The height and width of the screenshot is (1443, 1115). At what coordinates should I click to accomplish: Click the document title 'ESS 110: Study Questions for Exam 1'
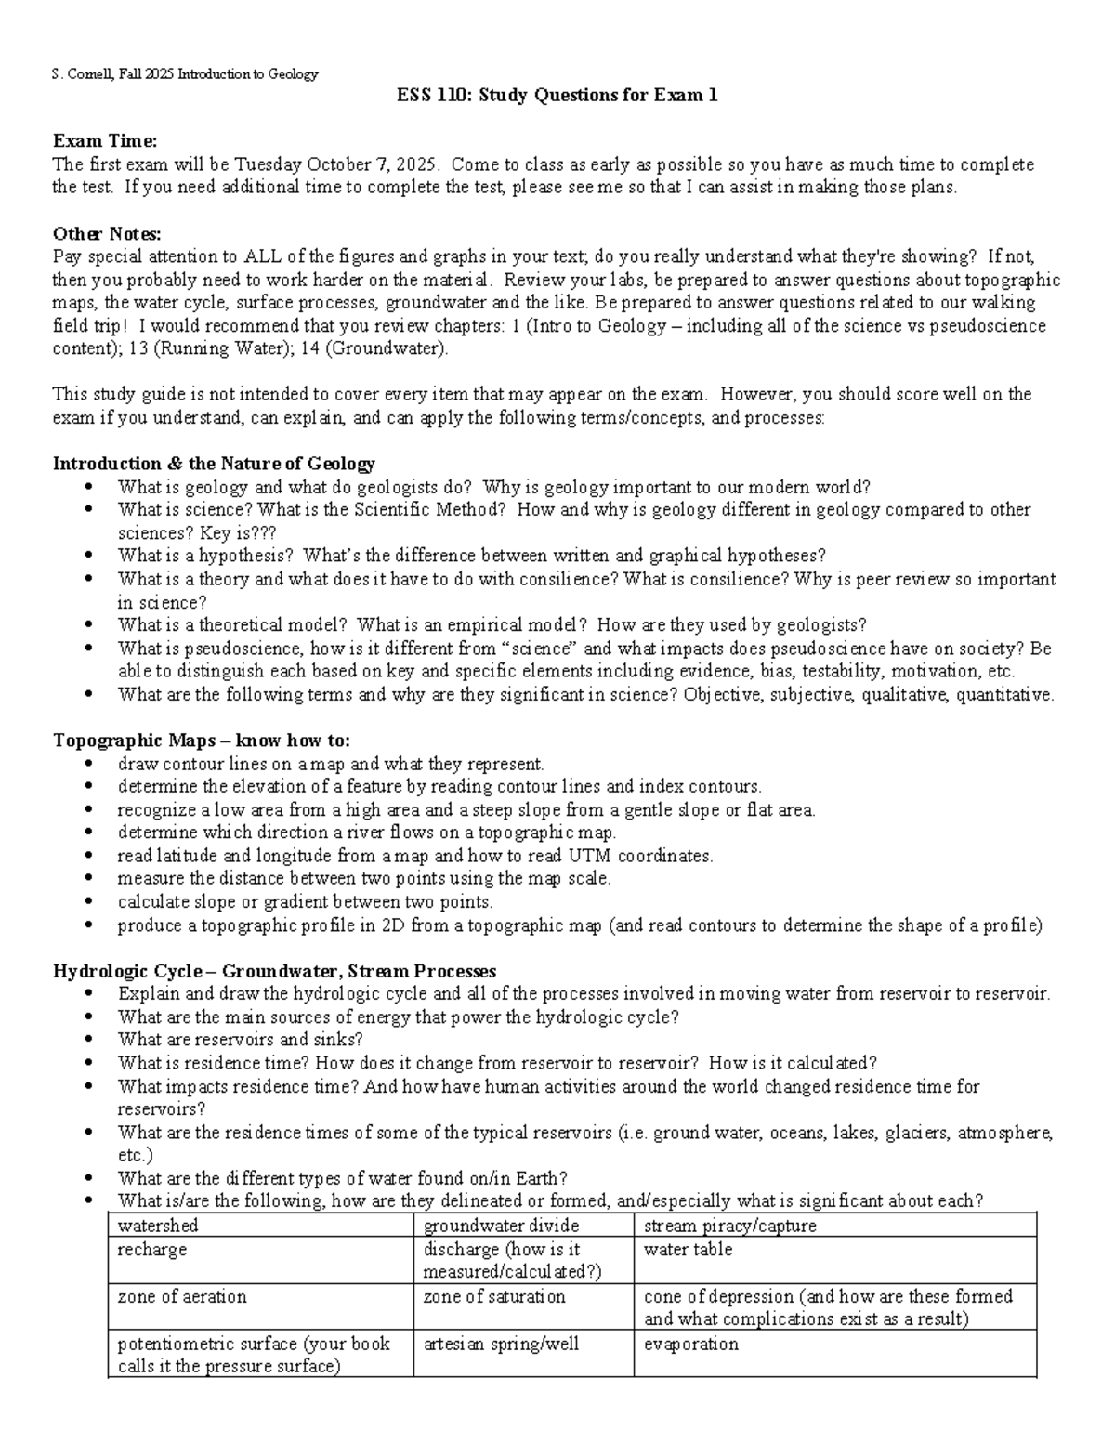click(557, 96)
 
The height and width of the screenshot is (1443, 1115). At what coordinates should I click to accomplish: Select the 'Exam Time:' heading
click(105, 141)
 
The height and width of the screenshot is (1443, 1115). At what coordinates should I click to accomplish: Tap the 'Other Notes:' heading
click(108, 233)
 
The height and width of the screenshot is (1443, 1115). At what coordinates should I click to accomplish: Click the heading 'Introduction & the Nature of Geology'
click(214, 464)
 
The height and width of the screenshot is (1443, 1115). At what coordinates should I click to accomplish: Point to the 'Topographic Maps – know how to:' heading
click(202, 741)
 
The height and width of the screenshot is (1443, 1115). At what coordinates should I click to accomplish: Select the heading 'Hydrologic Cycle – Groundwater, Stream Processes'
click(274, 971)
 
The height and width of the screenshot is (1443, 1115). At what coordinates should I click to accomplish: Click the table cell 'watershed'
click(158, 1226)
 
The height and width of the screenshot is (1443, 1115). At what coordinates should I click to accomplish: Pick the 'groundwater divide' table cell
click(501, 1226)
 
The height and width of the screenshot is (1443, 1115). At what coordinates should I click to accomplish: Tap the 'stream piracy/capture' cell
click(729, 1226)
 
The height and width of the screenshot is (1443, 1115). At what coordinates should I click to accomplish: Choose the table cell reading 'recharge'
click(152, 1250)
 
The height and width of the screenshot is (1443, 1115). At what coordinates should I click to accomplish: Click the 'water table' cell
click(688, 1250)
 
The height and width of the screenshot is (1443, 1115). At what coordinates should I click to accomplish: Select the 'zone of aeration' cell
click(182, 1296)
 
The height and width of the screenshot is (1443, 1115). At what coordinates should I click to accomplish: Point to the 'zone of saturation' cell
click(493, 1296)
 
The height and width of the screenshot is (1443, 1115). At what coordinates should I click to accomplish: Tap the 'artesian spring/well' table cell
click(501, 1344)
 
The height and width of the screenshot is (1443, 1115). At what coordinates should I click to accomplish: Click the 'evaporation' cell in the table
click(690, 1344)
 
